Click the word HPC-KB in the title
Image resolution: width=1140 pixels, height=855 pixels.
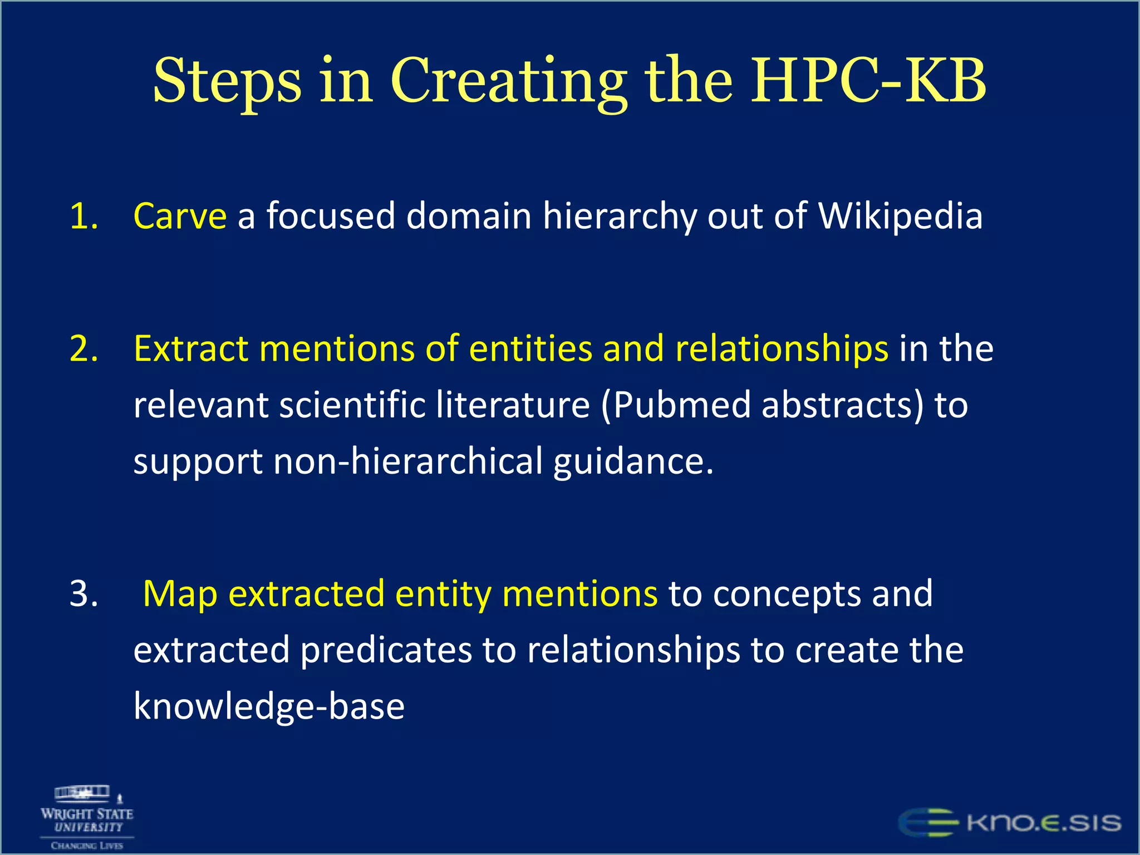[868, 81]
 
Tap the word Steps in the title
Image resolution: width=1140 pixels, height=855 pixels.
[227, 81]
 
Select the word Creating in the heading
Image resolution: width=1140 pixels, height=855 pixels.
[508, 81]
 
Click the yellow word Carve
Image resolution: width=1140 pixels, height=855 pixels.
[180, 216]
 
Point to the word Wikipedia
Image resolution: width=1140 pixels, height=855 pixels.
[900, 216]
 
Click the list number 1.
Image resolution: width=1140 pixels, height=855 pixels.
[83, 216]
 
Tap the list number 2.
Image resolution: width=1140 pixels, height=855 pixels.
[83, 349]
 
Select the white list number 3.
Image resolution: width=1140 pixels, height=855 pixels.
[83, 593]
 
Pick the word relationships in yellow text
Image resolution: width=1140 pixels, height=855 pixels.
[782, 349]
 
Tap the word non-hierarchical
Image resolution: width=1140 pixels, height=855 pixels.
[407, 461]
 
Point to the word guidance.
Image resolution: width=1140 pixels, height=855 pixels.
[633, 461]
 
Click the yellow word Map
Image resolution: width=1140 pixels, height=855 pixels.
[180, 593]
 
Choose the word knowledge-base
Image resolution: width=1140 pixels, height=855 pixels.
[269, 706]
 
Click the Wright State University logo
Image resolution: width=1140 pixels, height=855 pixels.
[87, 817]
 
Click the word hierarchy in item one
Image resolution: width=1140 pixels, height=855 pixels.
[619, 216]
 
